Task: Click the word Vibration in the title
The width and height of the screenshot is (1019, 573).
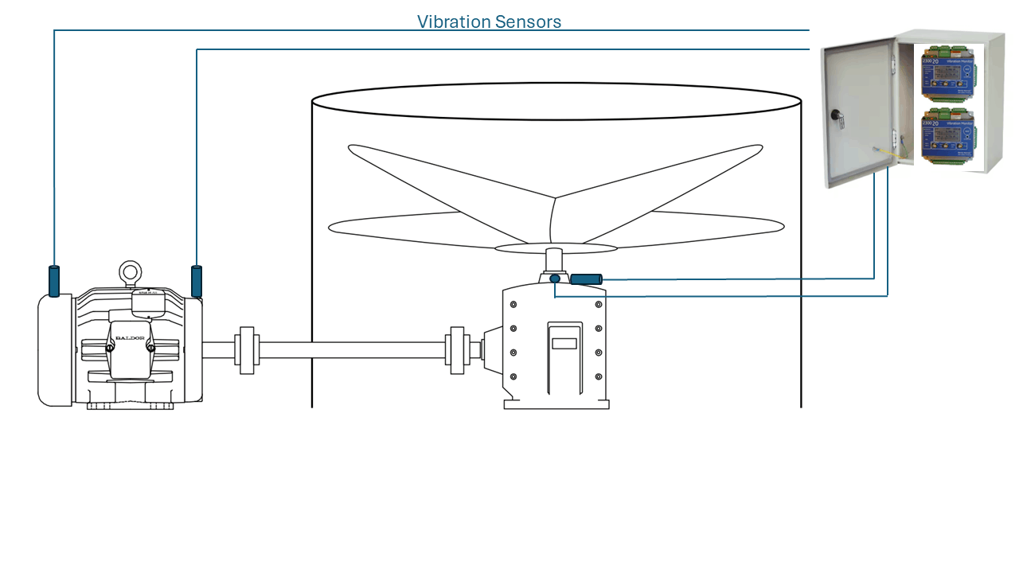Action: tap(453, 22)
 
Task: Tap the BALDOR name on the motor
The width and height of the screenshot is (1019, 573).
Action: tap(130, 337)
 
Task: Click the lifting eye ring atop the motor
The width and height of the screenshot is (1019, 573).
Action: tap(130, 273)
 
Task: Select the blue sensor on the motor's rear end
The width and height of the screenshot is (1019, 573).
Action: tap(54, 281)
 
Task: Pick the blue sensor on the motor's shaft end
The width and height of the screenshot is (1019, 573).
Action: tap(197, 281)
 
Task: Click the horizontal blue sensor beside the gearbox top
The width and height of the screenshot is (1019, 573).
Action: tap(586, 279)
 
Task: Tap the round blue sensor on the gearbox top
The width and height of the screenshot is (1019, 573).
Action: tap(555, 279)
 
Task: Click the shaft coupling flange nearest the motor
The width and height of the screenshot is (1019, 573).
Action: tap(247, 350)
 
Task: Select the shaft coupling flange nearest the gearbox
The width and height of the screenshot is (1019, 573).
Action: tap(457, 350)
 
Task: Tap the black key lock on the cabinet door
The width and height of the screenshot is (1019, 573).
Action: tap(837, 115)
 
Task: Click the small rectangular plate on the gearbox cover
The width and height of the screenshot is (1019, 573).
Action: tap(564, 345)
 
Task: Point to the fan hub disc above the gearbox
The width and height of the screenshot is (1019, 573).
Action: tap(555, 248)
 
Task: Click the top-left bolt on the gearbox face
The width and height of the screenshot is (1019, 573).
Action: tap(513, 305)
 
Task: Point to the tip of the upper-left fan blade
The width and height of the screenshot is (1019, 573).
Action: tap(351, 148)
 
